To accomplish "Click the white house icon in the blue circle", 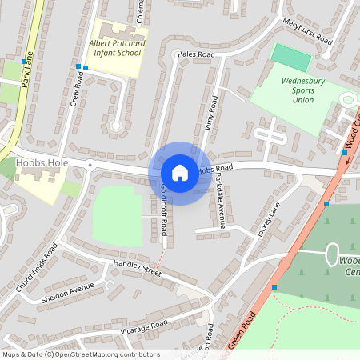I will click(x=180, y=172).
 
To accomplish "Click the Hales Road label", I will click(x=197, y=54).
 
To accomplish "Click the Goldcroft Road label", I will click(x=164, y=209).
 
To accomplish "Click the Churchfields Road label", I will click(x=37, y=268).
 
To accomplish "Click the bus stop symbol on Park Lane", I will click(x=23, y=61).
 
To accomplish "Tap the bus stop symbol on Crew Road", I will click(x=78, y=66).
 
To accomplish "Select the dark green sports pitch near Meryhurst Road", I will click(x=290, y=57).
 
